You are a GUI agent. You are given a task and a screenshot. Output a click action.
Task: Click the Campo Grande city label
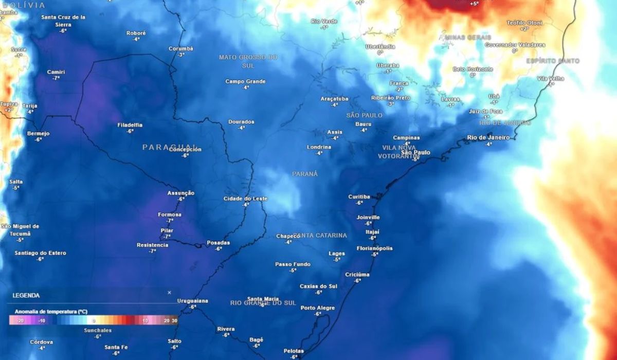(x=245, y=81)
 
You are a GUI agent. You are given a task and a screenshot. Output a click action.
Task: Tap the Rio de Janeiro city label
(x=488, y=137)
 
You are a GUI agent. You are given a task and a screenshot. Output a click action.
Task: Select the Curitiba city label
(x=359, y=196)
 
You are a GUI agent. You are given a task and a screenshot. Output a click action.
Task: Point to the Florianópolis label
(x=374, y=248)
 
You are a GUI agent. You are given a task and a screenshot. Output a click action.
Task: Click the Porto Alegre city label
(x=318, y=308)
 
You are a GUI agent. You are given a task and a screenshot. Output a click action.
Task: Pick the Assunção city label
(x=181, y=193)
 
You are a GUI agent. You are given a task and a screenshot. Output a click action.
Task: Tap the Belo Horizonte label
(x=473, y=69)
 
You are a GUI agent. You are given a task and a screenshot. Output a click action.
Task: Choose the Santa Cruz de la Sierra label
(x=63, y=21)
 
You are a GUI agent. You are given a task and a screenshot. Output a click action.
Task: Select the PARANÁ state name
(x=305, y=174)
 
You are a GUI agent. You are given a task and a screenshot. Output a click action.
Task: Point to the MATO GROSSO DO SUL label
(x=248, y=61)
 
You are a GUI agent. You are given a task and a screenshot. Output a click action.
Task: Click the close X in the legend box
(x=169, y=293)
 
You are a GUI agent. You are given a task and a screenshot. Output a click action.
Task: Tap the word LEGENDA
(x=26, y=296)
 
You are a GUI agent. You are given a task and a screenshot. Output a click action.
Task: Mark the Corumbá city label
(x=181, y=48)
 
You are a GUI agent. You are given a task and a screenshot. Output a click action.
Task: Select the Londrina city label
(x=319, y=147)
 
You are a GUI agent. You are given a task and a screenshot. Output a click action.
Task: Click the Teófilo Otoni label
(x=524, y=23)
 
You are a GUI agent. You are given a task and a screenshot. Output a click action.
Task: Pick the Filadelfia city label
(x=130, y=125)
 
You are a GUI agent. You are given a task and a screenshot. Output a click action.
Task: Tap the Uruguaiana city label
(x=192, y=300)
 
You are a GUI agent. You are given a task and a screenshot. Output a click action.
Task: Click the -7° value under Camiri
(x=56, y=78)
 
